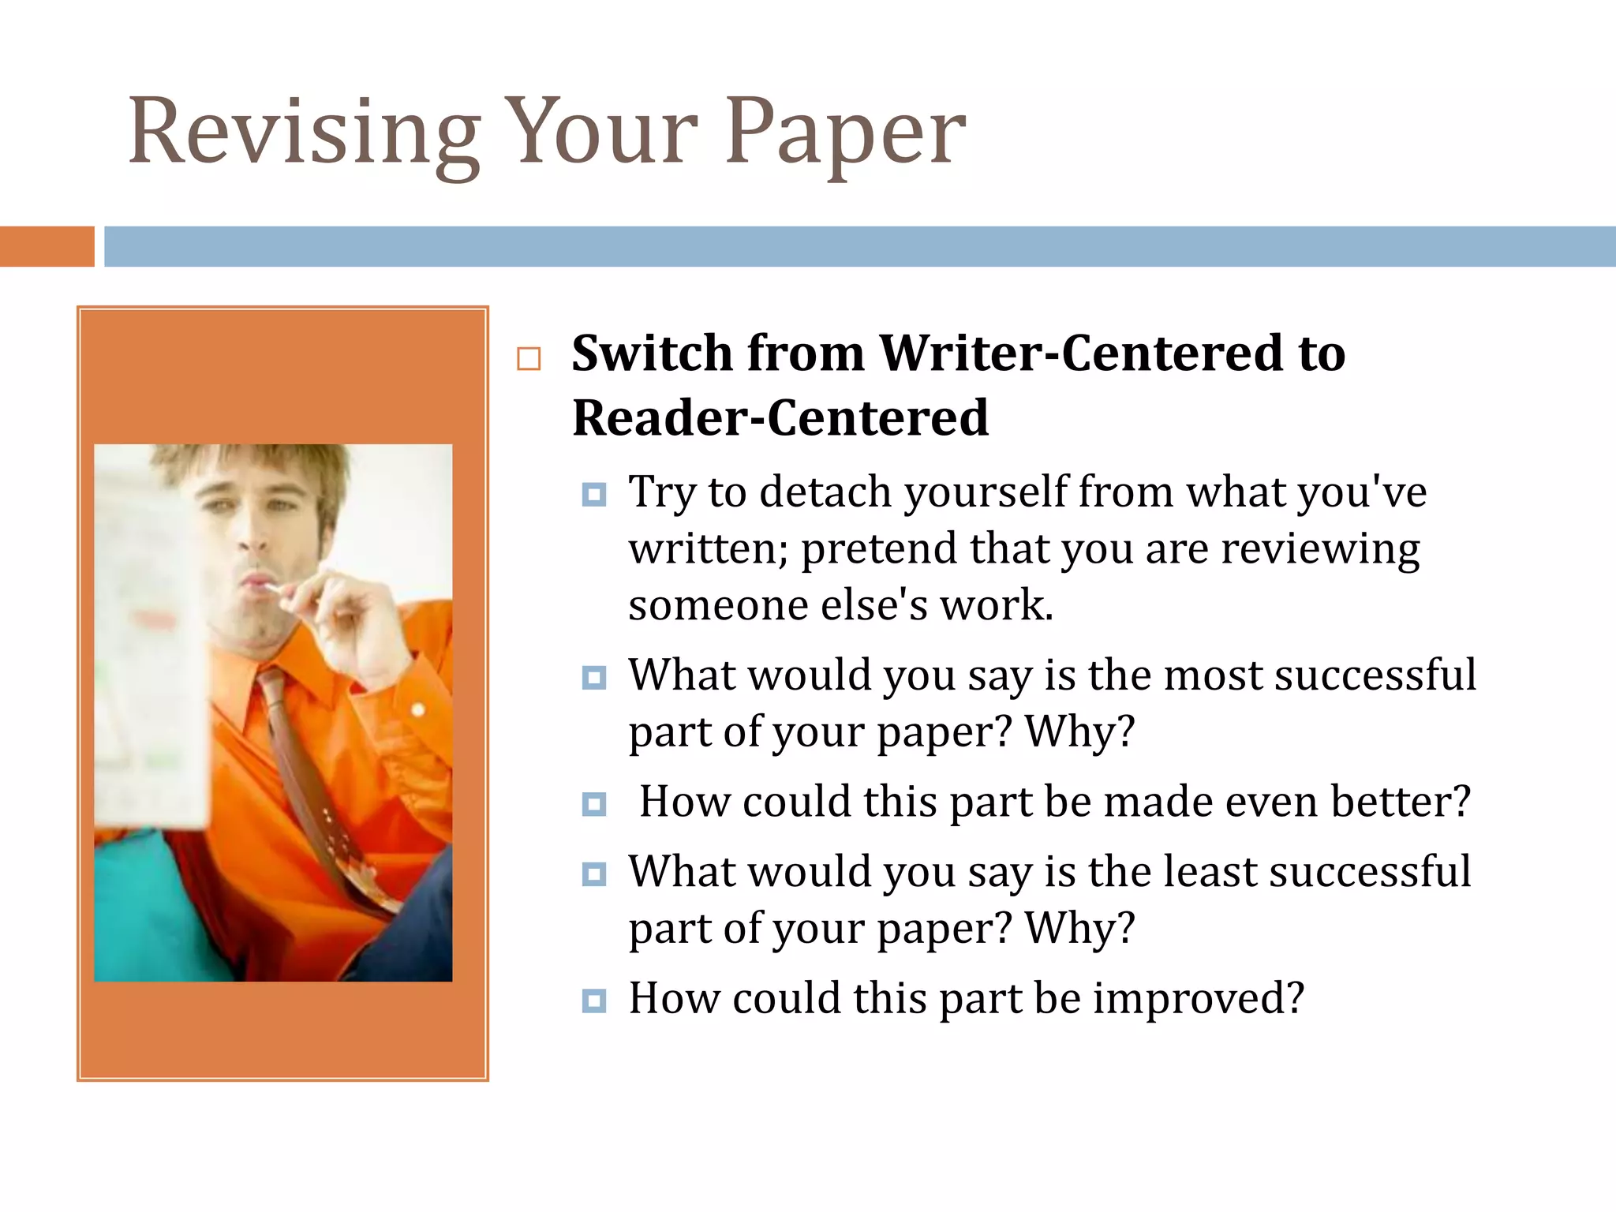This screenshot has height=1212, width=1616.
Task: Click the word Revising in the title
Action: click(304, 133)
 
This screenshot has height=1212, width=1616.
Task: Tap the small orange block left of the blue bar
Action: click(47, 246)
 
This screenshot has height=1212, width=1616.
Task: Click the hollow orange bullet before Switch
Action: click(529, 359)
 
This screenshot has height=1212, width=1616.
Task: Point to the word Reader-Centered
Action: click(780, 417)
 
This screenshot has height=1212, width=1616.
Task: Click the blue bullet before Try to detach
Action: click(593, 495)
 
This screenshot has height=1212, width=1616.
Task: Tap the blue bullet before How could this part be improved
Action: click(593, 1001)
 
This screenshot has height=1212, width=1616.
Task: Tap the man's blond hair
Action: click(260, 466)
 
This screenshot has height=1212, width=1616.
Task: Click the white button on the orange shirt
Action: click(418, 709)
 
